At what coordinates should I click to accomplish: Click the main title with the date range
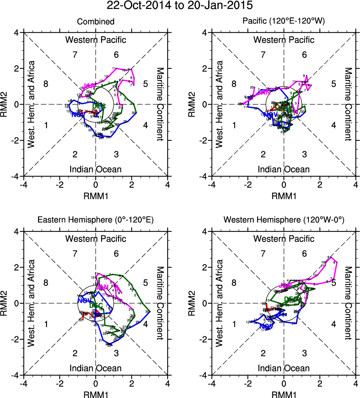[x=180, y=6]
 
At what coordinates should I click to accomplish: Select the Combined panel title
[x=96, y=22]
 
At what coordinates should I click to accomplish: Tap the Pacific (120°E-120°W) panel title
[x=284, y=22]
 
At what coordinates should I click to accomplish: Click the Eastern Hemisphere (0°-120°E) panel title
[x=96, y=221]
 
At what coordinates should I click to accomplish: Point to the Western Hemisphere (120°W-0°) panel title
[x=284, y=221]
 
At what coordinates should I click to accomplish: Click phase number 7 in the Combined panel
[x=75, y=55]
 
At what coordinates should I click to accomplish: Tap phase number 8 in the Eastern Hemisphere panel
[x=46, y=283]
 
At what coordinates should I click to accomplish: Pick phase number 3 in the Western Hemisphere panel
[x=304, y=353]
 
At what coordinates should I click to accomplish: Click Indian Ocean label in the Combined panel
[x=96, y=169]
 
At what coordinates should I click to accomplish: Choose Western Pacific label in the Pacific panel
[x=284, y=40]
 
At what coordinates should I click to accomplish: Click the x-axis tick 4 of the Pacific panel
[x=356, y=185]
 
